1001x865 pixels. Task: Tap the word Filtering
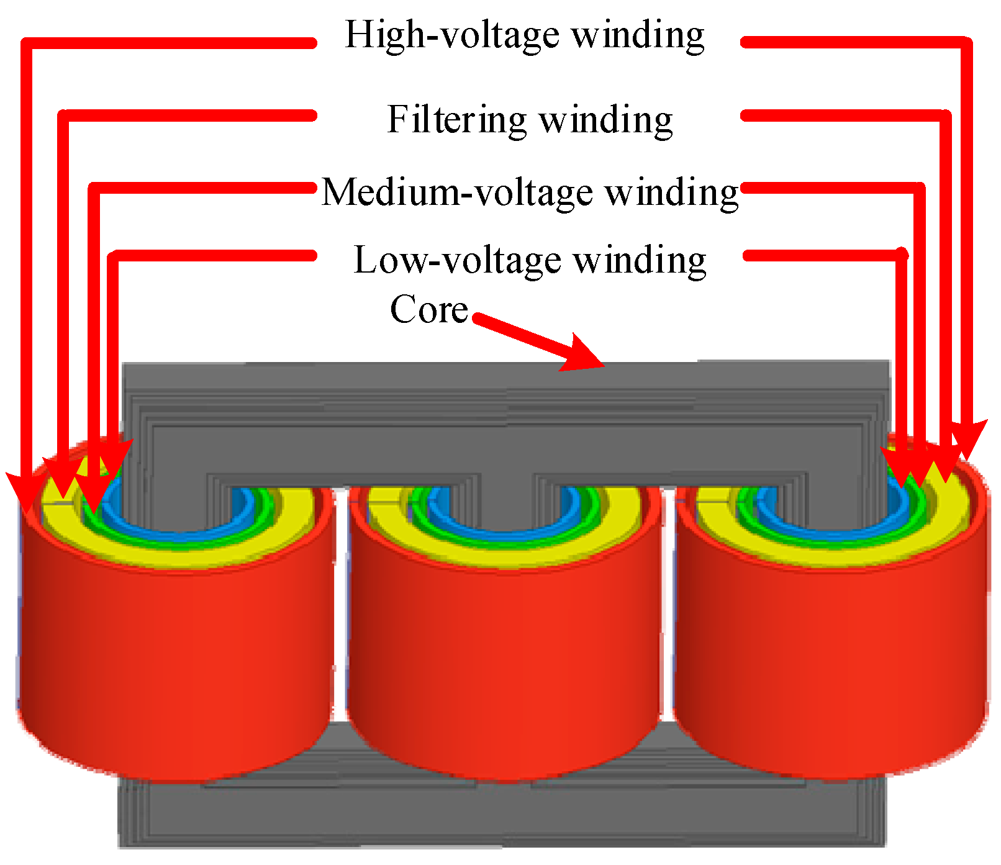(x=456, y=119)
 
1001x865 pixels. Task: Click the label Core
(x=428, y=309)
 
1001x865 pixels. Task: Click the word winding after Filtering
(x=605, y=120)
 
